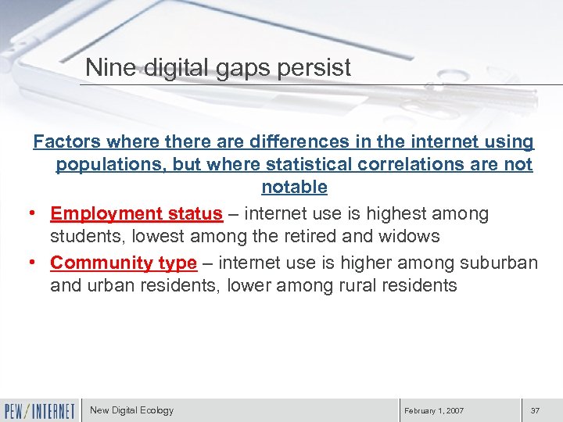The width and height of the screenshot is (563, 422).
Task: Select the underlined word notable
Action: (x=294, y=188)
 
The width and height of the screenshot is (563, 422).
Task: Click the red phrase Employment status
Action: (x=136, y=213)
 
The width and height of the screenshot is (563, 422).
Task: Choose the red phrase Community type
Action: (x=124, y=263)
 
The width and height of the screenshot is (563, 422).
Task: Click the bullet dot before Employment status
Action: (x=37, y=214)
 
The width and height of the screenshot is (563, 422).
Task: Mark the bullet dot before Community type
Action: (x=37, y=263)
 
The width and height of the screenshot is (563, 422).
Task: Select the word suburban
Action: (x=497, y=263)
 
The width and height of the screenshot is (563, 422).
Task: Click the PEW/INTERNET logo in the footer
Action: (x=40, y=410)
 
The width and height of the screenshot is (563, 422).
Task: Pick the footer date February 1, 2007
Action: (x=433, y=411)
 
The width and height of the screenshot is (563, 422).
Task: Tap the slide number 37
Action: (x=535, y=411)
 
